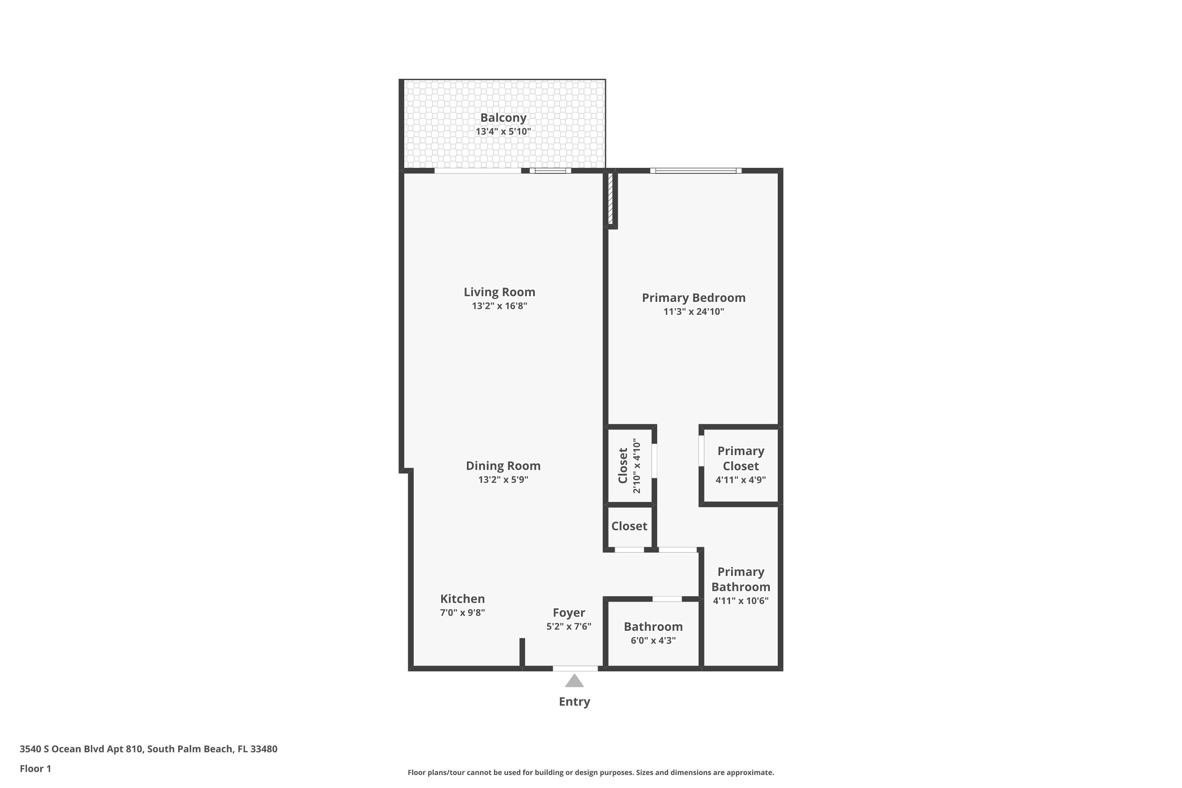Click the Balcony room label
coord(503,117)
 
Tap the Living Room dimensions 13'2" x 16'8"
coord(499,306)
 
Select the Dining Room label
coord(503,466)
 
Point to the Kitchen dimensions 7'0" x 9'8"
coord(462,613)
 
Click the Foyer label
coord(569,613)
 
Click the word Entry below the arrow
coord(574,702)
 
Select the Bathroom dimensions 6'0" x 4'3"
coord(653,640)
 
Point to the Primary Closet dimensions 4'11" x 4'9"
coord(740,480)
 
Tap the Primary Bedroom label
coord(693,297)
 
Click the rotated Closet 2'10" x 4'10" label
coord(629,465)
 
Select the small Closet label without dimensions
coord(629,526)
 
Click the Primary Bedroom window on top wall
coord(695,171)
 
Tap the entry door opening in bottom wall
coord(575,668)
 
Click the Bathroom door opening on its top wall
coord(667,599)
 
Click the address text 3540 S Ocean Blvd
coord(148,749)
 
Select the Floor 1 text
coord(35,768)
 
